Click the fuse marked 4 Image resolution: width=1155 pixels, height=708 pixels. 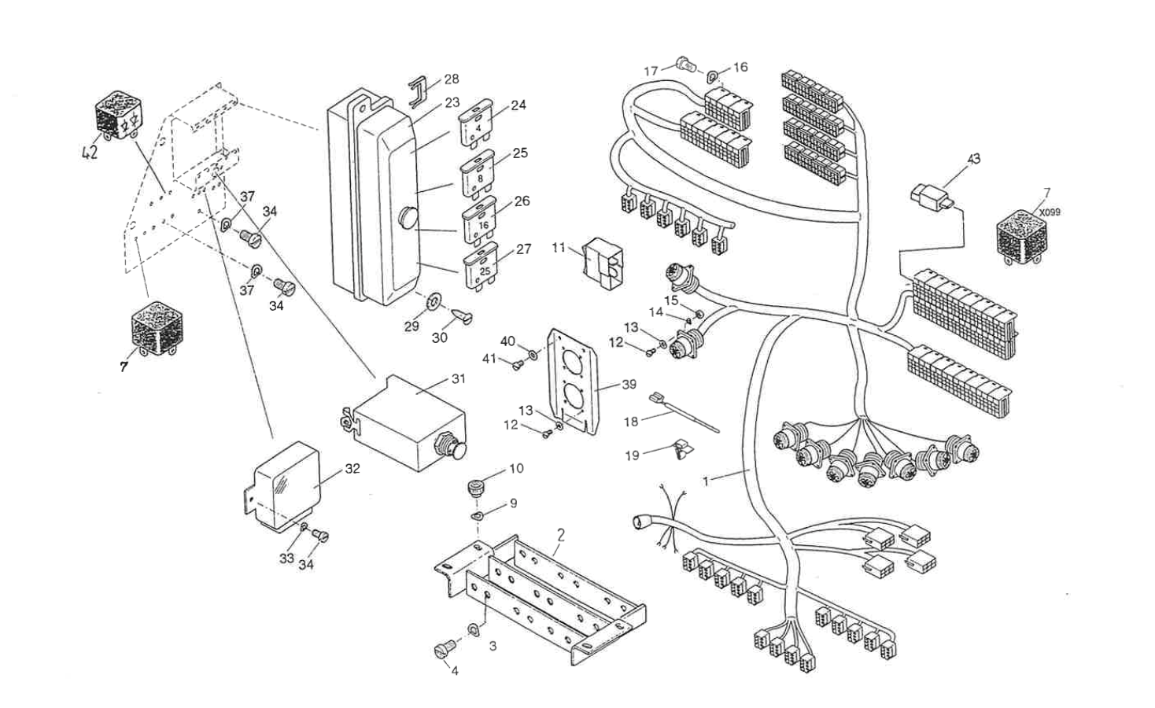tap(476, 123)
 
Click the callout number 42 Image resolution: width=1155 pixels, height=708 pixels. tap(90, 153)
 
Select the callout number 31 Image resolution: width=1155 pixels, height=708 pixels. tap(458, 378)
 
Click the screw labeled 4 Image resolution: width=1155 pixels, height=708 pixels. tap(441, 651)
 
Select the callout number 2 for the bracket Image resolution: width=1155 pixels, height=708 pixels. tap(561, 535)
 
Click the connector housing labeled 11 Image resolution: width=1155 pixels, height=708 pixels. tap(602, 260)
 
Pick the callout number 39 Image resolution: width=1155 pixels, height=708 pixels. tap(629, 385)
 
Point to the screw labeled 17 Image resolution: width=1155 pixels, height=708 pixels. tap(684, 65)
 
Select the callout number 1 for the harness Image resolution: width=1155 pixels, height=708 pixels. tap(706, 481)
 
